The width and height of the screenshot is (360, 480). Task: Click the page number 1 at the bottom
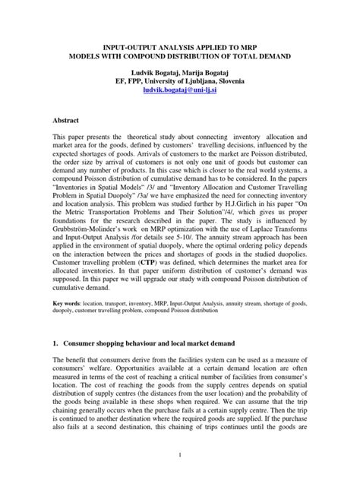(180, 456)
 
